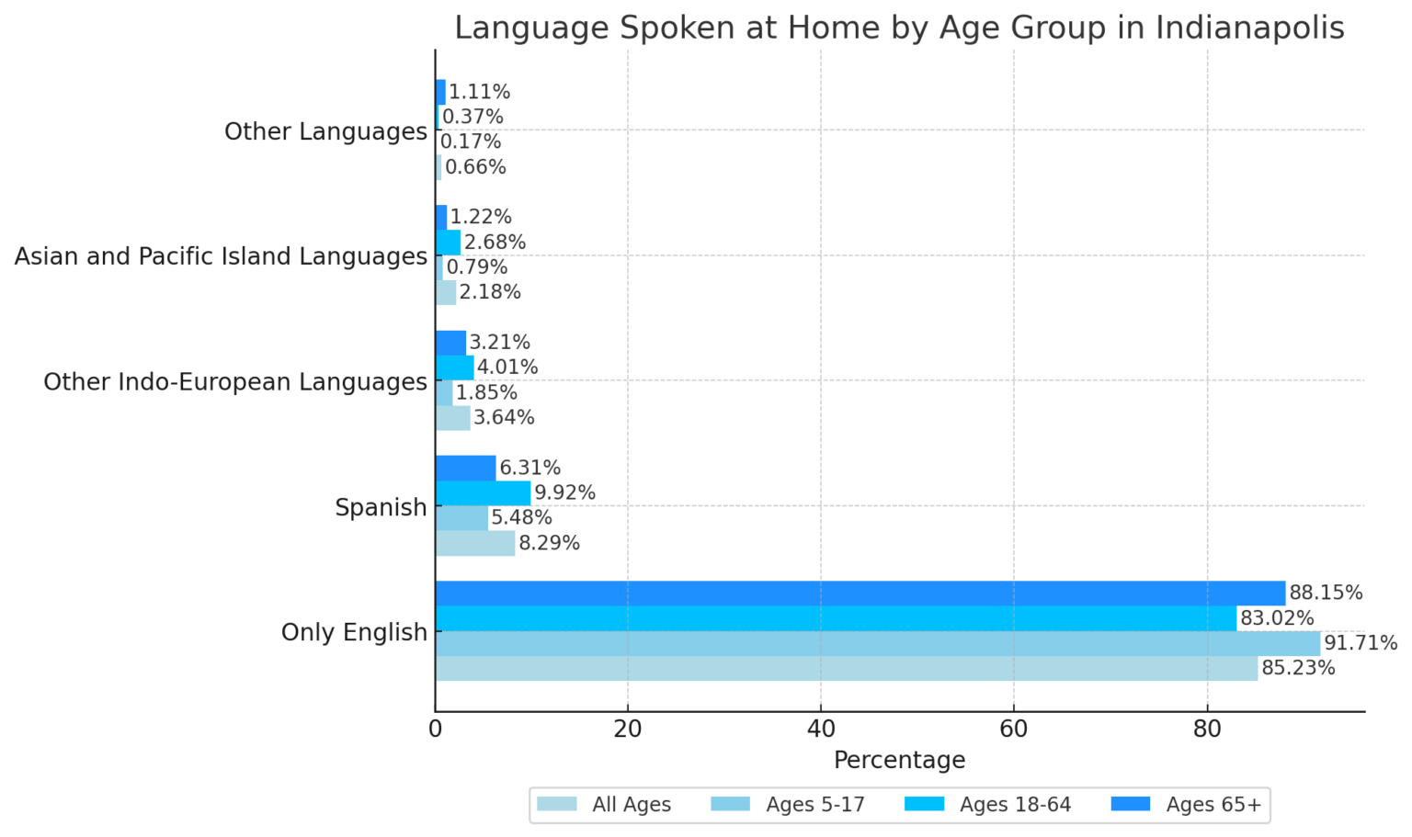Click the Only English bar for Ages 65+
pyautogui.click(x=860, y=594)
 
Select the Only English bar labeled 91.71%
pyautogui.click(x=877, y=643)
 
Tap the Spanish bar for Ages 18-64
pyautogui.click(x=483, y=492)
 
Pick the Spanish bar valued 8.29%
pyautogui.click(x=474, y=543)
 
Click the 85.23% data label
pyautogui.click(x=1297, y=668)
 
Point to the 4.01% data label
pyautogui.click(x=507, y=368)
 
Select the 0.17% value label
pyautogui.click(x=471, y=142)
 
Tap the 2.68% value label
pyautogui.click(x=495, y=243)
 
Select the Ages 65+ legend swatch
pyautogui.click(x=1130, y=804)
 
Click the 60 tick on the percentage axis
pyautogui.click(x=1013, y=729)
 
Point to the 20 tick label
pyautogui.click(x=628, y=729)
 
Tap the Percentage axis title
pyautogui.click(x=899, y=761)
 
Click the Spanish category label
pyautogui.click(x=381, y=507)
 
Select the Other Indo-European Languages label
pyautogui.click(x=235, y=381)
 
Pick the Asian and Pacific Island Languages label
pyautogui.click(x=221, y=256)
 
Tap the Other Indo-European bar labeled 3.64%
pyautogui.click(x=452, y=418)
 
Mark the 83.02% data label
pyautogui.click(x=1276, y=618)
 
